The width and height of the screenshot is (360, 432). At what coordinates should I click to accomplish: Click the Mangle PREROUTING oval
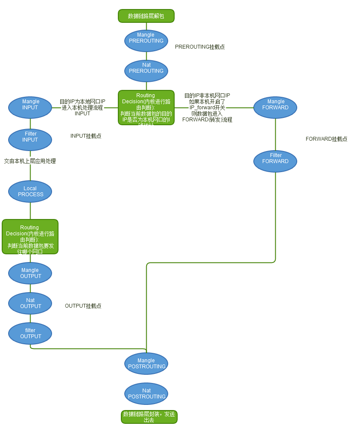pos(146,40)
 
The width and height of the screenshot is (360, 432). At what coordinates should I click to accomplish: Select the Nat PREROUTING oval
pos(146,71)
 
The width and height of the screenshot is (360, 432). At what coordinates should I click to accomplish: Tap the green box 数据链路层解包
pos(146,16)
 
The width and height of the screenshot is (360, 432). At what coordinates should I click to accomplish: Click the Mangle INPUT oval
pos(30,107)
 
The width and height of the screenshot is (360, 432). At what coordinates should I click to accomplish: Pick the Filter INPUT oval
pos(30,139)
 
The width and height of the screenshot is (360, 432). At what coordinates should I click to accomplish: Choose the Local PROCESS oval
pos(30,191)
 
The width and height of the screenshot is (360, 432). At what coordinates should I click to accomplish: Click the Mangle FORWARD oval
pos(275,107)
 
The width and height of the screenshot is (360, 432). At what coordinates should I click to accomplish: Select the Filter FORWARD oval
pos(275,161)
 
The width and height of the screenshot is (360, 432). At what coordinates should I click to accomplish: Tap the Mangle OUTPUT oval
pos(30,273)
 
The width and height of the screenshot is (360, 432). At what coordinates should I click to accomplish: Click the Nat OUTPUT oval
pos(30,303)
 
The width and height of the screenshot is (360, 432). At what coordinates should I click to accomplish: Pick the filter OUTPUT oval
pos(30,333)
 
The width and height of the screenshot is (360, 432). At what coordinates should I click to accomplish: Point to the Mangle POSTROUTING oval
pos(146,364)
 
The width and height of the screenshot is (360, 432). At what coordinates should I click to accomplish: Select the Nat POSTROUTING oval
pos(146,394)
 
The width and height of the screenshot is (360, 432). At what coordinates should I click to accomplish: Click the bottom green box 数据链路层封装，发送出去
pos(149,417)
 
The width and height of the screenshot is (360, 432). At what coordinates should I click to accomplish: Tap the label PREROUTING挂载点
pos(200,47)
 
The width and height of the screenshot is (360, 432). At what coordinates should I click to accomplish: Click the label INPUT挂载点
pos(86,136)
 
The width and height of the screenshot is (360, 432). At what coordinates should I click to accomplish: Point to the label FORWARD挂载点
pos(326,139)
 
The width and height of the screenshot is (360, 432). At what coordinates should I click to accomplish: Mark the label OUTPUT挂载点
pos(83,306)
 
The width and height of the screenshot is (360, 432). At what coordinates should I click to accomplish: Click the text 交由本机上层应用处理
pos(30,161)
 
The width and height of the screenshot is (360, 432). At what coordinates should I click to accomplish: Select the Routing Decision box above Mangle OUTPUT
pos(30,237)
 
